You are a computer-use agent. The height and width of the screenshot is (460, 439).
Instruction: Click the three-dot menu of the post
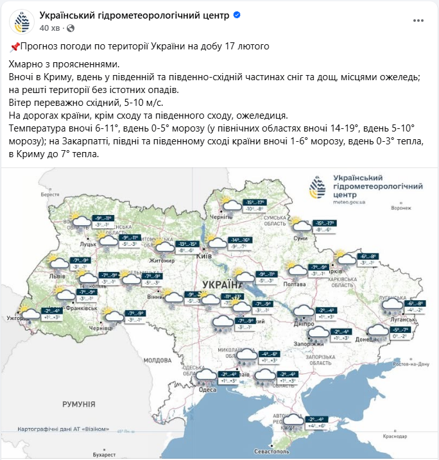tap(418, 21)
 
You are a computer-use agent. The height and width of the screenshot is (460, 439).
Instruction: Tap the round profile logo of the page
tap(22, 21)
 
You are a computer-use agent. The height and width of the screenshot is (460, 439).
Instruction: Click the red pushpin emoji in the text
tap(15, 47)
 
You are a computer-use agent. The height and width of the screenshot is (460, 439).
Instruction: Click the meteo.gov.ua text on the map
tap(350, 201)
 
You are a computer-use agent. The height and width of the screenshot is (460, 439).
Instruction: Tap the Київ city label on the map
tap(204, 256)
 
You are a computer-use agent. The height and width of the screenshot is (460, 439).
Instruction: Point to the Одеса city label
tap(207, 389)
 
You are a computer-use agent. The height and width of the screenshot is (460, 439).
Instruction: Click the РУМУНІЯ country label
tap(79, 404)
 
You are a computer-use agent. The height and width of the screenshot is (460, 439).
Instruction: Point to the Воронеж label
tap(400, 208)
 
